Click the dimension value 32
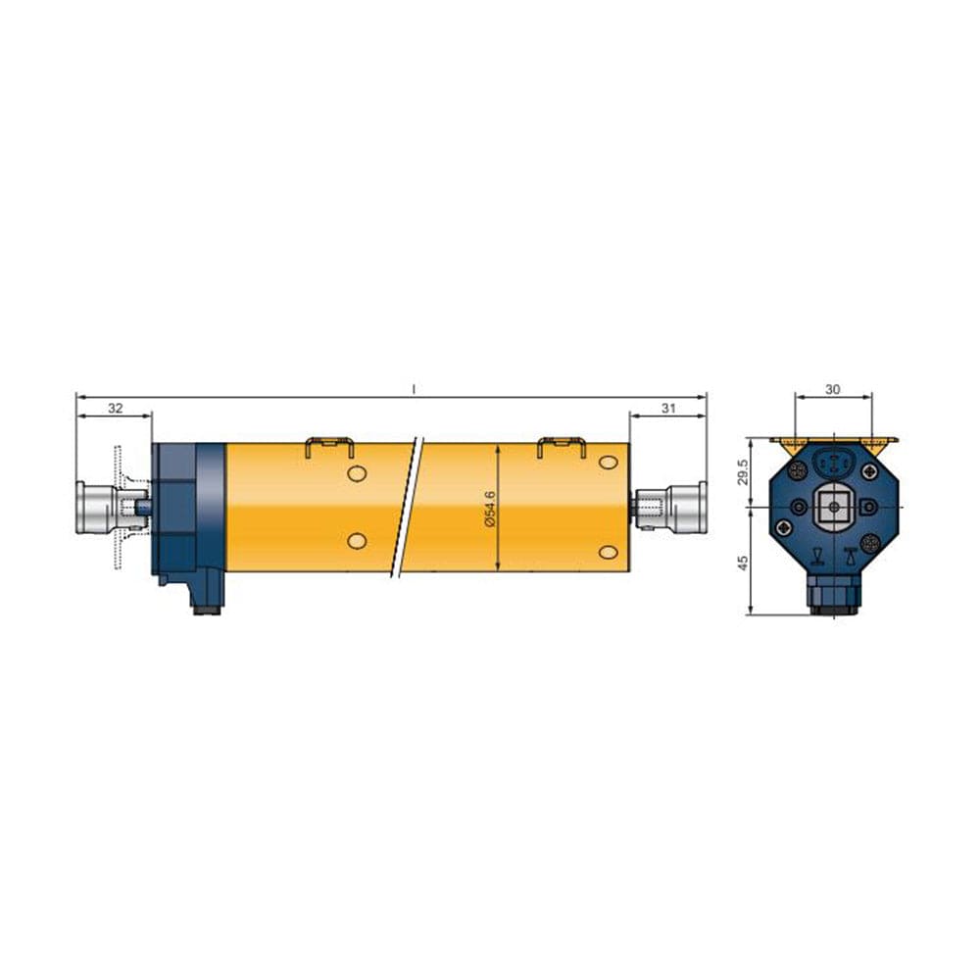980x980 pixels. (115, 408)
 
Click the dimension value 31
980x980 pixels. (668, 408)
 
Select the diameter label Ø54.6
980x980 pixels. (490, 509)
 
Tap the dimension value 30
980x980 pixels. (832, 389)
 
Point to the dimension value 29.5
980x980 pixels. (743, 472)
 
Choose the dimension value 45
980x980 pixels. (743, 563)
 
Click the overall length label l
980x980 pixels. (414, 389)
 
